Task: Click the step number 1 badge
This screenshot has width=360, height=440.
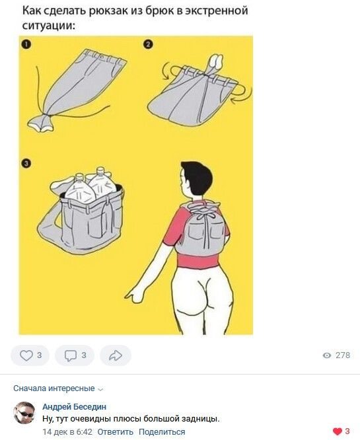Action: click(26, 44)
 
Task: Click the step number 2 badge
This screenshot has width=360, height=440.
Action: click(148, 44)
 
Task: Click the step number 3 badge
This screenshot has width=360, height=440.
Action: click(26, 164)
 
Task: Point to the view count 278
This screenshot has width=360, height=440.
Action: click(343, 355)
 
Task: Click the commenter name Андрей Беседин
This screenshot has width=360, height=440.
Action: click(75, 406)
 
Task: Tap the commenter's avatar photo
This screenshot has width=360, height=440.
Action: click(24, 413)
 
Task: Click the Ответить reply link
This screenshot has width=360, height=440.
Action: click(116, 432)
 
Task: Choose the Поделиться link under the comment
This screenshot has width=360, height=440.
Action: click(162, 432)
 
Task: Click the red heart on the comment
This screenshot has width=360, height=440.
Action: click(338, 431)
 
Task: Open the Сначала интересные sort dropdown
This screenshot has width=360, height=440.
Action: click(58, 388)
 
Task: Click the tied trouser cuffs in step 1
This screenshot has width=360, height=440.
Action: click(40, 123)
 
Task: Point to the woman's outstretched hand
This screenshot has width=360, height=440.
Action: click(134, 295)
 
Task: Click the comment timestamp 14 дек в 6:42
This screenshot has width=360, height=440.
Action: click(67, 432)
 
